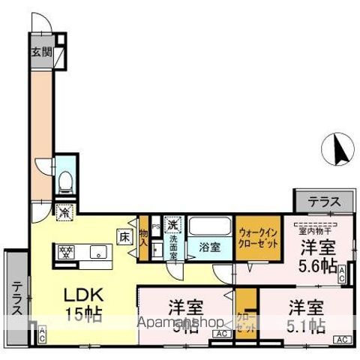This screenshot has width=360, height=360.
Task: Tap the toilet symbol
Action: pyautogui.click(x=65, y=179)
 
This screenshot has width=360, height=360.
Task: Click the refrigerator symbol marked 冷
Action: pyautogui.click(x=65, y=212)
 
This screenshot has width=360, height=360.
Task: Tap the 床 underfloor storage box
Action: pyautogui.click(x=124, y=237)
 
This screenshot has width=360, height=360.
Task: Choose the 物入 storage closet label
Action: pyautogui.click(x=143, y=238)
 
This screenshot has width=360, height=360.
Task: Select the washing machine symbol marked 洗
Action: pyautogui.click(x=172, y=223)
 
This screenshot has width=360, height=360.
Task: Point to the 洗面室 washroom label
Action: pyautogui.click(x=172, y=245)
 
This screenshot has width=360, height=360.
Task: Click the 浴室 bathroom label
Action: pyautogui.click(x=208, y=246)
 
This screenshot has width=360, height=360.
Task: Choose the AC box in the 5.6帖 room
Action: pyautogui.click(x=342, y=274)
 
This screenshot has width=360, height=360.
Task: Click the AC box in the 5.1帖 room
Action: pyautogui.click(x=342, y=340)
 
